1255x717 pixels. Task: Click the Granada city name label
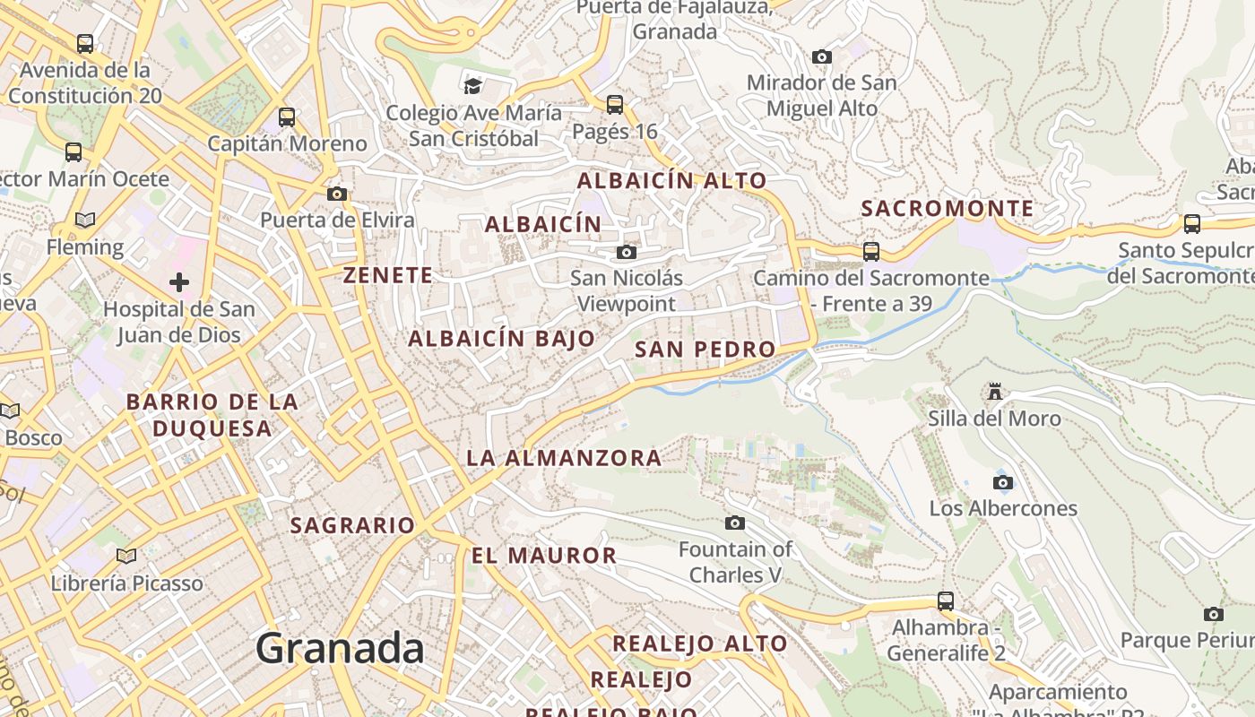tap(340, 648)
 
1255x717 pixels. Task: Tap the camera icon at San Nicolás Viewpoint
tap(627, 253)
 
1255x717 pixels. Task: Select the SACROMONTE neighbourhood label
tap(948, 209)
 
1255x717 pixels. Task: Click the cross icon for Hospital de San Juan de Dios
tap(179, 283)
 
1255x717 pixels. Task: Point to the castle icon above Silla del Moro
tap(994, 392)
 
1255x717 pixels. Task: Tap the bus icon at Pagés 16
tap(615, 105)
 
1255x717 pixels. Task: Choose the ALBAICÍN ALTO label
tap(671, 180)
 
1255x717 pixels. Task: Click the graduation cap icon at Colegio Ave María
tap(472, 86)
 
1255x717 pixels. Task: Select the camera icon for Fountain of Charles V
tap(735, 523)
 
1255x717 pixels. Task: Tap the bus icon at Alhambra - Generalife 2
tap(946, 601)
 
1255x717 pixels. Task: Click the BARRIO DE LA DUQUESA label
tap(212, 415)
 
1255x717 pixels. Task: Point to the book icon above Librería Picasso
tap(126, 557)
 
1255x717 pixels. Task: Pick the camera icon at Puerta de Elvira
tap(337, 194)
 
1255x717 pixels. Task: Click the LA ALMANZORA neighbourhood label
tap(564, 458)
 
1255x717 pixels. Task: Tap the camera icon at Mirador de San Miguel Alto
tap(821, 57)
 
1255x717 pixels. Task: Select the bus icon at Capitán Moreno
tap(287, 117)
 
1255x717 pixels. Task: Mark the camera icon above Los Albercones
tap(1003, 482)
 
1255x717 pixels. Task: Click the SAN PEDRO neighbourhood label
tap(705, 350)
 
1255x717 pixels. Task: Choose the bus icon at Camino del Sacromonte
tap(871, 252)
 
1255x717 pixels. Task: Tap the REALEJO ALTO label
tap(699, 644)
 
